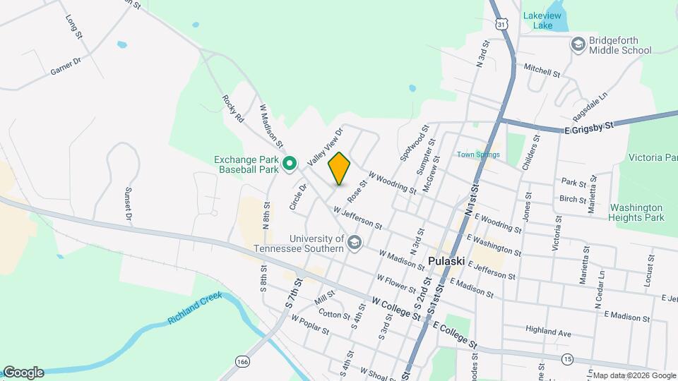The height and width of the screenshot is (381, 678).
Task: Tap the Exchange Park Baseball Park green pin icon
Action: tap(290, 164)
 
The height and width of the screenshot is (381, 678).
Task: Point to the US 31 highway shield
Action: tap(501, 25)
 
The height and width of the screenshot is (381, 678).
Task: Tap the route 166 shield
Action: tap(243, 361)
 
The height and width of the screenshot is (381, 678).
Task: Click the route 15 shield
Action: tap(567, 359)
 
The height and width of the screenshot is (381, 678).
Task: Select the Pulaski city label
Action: tap(446, 260)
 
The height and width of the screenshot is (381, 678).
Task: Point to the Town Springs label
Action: tap(478, 155)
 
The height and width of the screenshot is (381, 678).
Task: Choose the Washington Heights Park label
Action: tap(636, 212)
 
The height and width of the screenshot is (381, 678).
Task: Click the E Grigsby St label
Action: tap(590, 127)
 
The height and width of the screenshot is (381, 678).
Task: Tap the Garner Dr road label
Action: tap(67, 68)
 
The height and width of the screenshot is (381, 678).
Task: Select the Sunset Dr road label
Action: tap(129, 203)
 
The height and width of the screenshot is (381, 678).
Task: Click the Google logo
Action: tap(23, 373)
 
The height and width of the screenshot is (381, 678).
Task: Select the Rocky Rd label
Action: tap(232, 109)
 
